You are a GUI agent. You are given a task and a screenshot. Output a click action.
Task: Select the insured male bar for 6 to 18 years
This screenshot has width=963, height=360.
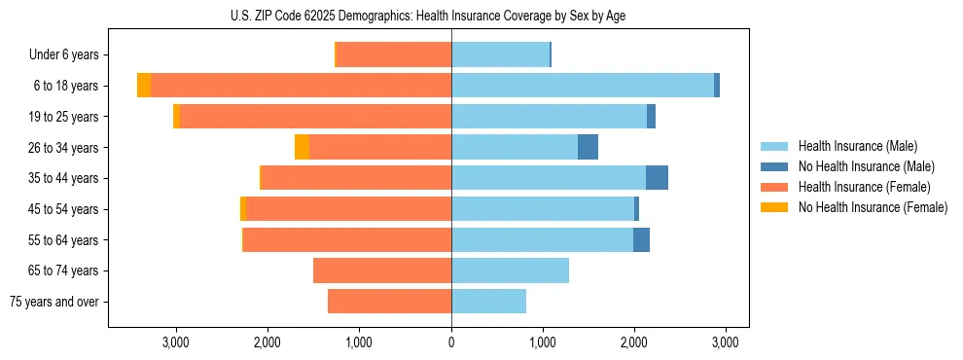pyautogui.click(x=582, y=86)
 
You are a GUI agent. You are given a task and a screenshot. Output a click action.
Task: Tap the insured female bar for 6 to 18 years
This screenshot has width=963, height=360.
pyautogui.click(x=301, y=86)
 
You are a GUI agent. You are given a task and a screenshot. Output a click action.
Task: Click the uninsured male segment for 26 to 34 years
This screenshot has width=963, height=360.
pyautogui.click(x=588, y=147)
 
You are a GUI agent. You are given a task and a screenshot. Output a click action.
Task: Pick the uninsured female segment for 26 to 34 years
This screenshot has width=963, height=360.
pyautogui.click(x=302, y=147)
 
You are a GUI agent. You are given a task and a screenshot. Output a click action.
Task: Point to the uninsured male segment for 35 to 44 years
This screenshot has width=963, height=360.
pyautogui.click(x=657, y=178)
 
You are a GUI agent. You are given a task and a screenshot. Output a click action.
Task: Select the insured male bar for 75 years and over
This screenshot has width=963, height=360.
pyautogui.click(x=488, y=302)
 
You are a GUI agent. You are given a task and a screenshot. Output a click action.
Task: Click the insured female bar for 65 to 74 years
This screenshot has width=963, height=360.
pyautogui.click(x=382, y=270)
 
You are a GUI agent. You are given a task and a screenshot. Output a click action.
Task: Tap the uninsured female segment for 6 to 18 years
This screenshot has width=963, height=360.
pyautogui.click(x=144, y=86)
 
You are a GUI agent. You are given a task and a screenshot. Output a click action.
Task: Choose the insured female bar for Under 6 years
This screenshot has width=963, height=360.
pyautogui.click(x=394, y=54)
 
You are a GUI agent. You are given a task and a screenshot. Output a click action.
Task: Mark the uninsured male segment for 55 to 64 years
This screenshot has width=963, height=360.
pyautogui.click(x=641, y=240)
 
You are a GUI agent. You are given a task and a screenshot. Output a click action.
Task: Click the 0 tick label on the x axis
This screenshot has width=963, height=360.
pyautogui.click(x=451, y=342)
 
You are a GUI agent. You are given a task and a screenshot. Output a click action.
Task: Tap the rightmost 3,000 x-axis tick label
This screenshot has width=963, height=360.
pyautogui.click(x=725, y=342)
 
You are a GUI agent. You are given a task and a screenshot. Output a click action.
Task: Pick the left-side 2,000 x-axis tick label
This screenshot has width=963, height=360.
pyautogui.click(x=267, y=342)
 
